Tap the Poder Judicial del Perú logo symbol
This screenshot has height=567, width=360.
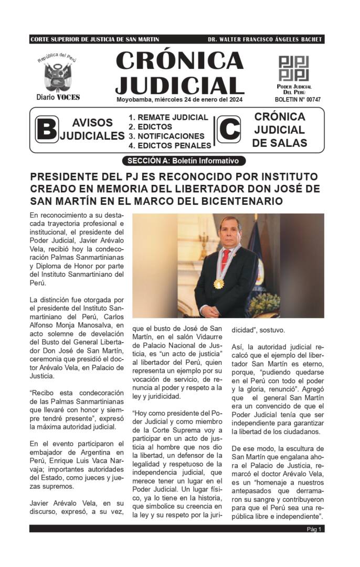[293, 68]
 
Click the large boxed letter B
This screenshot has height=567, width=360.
[47, 130]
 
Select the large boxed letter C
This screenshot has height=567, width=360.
[228, 130]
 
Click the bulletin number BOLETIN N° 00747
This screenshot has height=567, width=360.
[298, 100]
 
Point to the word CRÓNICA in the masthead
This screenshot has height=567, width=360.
[179, 61]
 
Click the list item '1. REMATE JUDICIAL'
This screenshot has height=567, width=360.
[168, 118]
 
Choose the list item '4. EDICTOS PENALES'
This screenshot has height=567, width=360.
[170, 145]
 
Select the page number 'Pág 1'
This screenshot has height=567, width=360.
[315, 529]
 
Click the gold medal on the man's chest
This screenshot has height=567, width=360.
[218, 283]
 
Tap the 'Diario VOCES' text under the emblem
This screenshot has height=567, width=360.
[58, 98]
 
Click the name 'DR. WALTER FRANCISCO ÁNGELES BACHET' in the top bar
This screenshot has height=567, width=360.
[265, 39]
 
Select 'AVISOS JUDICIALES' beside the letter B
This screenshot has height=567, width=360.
[92, 129]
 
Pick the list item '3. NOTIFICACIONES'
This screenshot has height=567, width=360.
[166, 136]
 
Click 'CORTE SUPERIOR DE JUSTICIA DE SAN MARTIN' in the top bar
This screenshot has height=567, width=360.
[95, 39]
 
